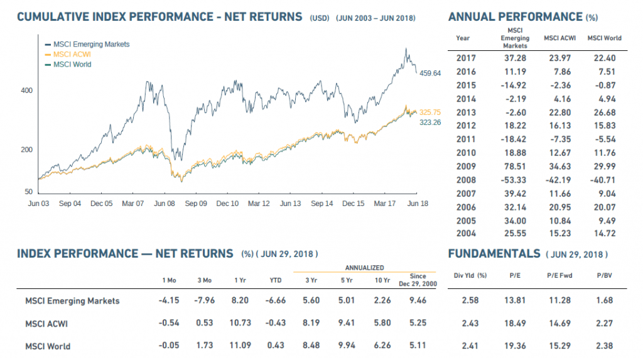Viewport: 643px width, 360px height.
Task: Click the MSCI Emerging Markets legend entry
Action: [91, 44]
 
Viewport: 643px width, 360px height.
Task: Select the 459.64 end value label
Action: [430, 74]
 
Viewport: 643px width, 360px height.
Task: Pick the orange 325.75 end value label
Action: [430, 112]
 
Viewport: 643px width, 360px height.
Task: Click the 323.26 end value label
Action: [430, 123]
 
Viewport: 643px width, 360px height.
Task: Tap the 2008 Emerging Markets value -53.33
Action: [515, 180]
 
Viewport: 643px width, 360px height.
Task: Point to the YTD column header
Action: [275, 280]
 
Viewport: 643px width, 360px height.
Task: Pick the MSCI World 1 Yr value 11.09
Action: [240, 346]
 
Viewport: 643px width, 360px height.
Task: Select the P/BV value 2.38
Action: [604, 346]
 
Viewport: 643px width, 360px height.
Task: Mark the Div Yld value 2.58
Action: [470, 300]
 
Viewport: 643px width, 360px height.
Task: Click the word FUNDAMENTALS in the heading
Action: [494, 254]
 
